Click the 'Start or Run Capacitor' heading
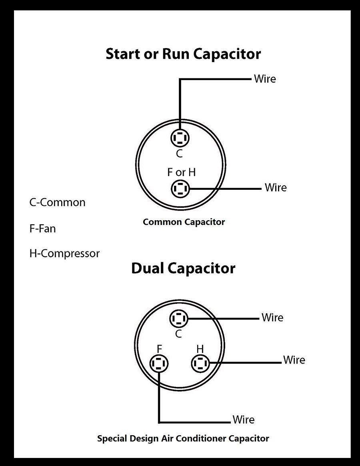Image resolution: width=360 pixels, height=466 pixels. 183,54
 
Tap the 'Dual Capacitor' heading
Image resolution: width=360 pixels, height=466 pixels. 183,268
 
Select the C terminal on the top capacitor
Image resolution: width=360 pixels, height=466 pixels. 180,138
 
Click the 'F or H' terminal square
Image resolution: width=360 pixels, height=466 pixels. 180,188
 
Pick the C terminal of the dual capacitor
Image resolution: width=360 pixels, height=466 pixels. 178,319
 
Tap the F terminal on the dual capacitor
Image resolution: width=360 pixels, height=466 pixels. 159,364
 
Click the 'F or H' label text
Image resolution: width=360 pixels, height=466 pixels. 181,172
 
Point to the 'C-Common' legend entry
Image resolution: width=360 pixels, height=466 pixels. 57,202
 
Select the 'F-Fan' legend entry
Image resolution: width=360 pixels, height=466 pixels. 42,229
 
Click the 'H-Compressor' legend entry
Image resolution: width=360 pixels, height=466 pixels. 64,253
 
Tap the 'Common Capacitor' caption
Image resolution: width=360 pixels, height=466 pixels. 184,222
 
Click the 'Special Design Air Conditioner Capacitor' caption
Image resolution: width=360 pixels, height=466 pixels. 183,438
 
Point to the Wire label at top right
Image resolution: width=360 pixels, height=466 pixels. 265,78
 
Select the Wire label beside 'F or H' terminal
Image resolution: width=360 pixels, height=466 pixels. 276,187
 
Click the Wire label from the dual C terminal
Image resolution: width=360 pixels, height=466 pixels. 272,317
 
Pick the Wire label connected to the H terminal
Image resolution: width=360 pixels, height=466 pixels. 294,360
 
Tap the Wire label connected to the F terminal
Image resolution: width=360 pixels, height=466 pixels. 244,420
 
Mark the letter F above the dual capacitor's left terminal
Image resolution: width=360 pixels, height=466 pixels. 159,348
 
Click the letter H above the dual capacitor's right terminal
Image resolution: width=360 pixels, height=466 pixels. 200,348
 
